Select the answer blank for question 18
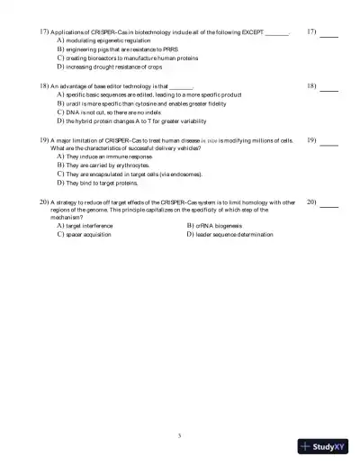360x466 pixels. pos(329,90)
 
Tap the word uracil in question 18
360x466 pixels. pos(73,102)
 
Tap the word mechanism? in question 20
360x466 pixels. pos(65,216)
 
